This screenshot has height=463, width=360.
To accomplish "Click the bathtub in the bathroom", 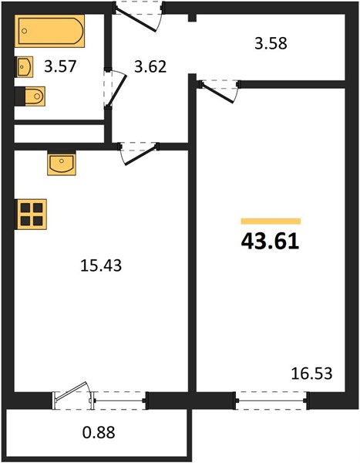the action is (49, 31).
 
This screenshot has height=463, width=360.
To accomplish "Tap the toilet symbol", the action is (30, 96).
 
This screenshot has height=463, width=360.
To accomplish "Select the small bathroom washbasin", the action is (24, 66).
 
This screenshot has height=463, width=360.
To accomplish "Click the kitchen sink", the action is (62, 163).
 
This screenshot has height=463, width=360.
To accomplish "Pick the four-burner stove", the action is (31, 215).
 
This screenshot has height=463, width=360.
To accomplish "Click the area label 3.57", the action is (60, 66).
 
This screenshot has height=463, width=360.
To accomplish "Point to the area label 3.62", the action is (150, 66).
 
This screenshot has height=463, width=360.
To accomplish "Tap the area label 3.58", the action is (271, 43).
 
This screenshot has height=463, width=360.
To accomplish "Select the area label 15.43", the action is (101, 265).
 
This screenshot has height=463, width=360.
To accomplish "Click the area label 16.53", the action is (311, 373).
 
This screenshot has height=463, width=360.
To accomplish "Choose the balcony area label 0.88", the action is (99, 433).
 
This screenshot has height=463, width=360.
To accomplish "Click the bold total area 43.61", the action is (270, 242).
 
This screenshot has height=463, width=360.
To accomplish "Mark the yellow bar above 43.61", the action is (271, 221).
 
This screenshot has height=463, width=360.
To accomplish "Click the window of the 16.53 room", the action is (271, 400).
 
